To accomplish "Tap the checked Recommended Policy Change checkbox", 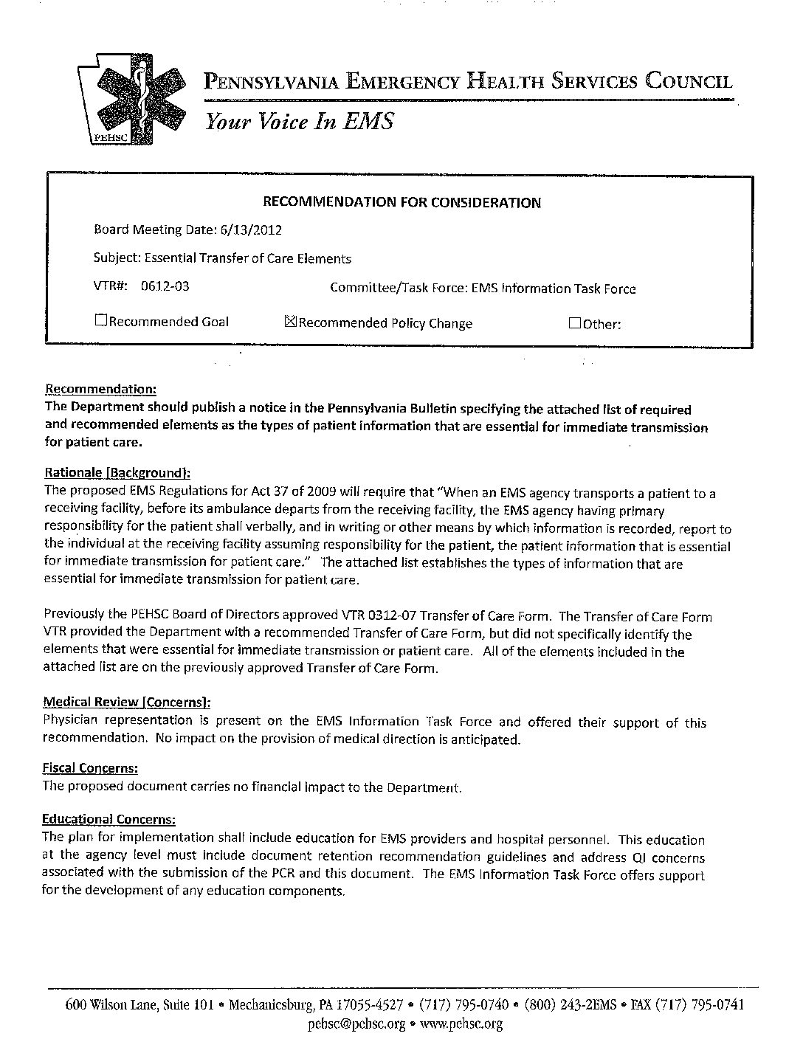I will (290, 322).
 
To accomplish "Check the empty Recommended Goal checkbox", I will (100, 321).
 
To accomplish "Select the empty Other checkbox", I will (575, 323).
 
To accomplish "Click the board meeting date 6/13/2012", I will (250, 229).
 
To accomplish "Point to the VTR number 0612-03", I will (165, 286).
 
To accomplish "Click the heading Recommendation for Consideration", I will (402, 202).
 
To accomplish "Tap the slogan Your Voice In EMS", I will (299, 121).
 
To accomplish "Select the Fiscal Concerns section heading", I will (90, 768).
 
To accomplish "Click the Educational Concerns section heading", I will (109, 819).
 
